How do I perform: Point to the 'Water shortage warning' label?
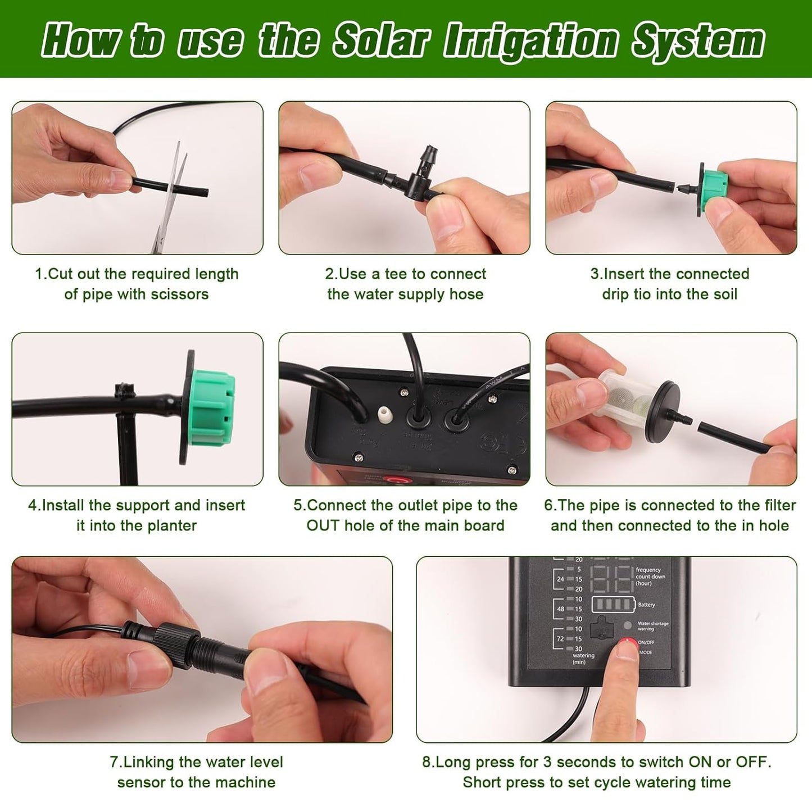click(652, 626)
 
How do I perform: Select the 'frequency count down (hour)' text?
click(650, 577)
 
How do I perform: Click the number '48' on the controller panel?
click(560, 609)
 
